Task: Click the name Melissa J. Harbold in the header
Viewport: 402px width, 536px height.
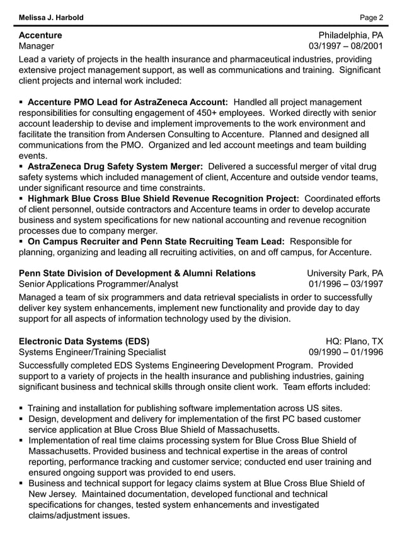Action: [51, 17]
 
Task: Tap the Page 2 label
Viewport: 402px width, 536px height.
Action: [370, 17]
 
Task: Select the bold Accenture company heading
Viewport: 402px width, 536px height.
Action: [40, 35]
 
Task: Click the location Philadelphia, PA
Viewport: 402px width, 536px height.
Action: [350, 35]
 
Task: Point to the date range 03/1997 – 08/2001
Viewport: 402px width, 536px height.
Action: [345, 47]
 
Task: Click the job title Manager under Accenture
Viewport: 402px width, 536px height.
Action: [37, 47]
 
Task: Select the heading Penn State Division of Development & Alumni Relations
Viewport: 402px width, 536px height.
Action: [137, 273]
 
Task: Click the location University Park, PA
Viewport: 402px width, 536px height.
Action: [345, 273]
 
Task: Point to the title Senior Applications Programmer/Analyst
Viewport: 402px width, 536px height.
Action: [98, 284]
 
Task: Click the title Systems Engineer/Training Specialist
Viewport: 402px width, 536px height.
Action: [93, 352]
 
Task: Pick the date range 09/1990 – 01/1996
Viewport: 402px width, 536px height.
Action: [345, 352]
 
